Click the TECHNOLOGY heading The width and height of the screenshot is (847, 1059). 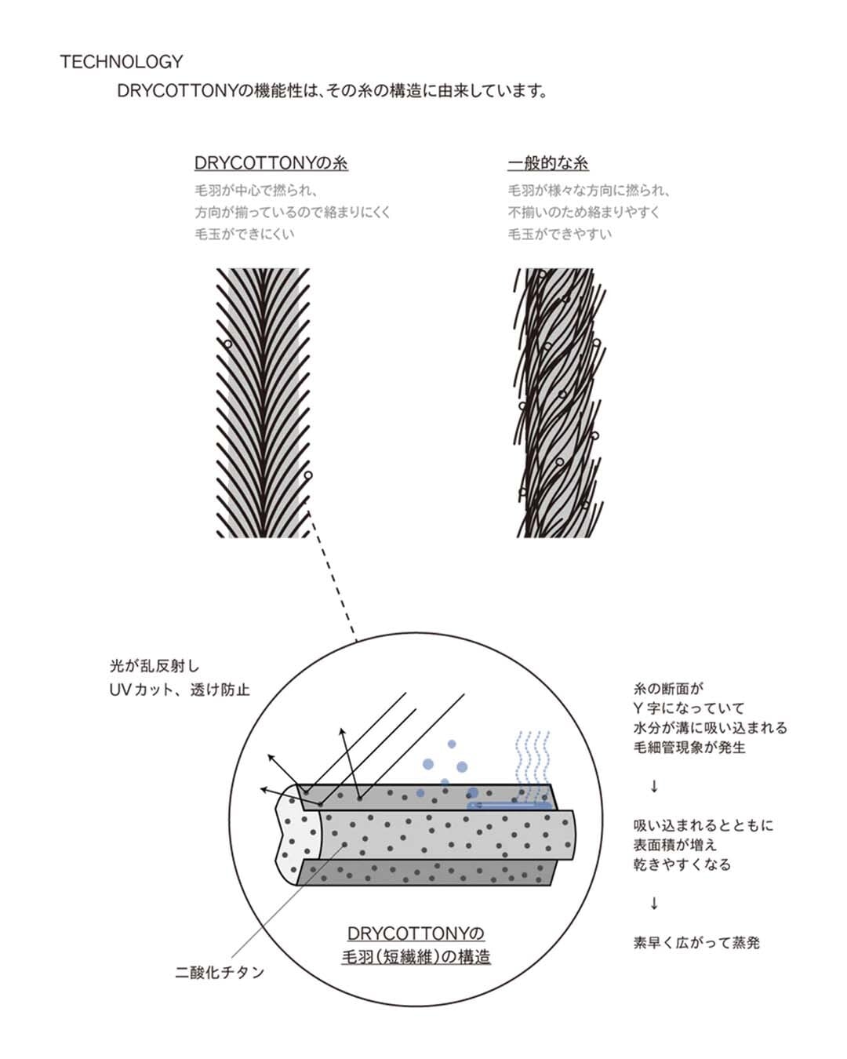pos(122,62)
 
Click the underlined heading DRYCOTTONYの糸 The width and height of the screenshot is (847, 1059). pos(271,163)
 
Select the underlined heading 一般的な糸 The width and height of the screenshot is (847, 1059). pos(547,163)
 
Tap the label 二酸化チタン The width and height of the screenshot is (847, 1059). pos(220,973)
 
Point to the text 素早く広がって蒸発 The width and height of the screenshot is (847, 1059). pos(696,943)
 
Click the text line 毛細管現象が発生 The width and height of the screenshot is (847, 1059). pos(689,748)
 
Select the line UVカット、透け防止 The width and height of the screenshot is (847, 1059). pos(180,690)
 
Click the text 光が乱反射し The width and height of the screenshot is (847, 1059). pos(154,667)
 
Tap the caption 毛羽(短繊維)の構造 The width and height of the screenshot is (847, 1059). pos(416,957)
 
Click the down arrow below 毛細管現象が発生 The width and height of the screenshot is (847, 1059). pos(654,787)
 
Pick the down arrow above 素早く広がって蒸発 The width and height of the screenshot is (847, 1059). pos(654,904)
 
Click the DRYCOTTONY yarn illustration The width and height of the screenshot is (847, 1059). pos(264,402)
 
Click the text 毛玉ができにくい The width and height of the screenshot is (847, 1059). pos(245,234)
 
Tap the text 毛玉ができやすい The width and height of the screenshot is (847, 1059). pos(559,234)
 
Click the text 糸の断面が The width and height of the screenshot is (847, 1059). pos(669,689)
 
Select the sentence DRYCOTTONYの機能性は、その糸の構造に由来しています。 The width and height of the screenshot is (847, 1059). pos(333,91)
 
